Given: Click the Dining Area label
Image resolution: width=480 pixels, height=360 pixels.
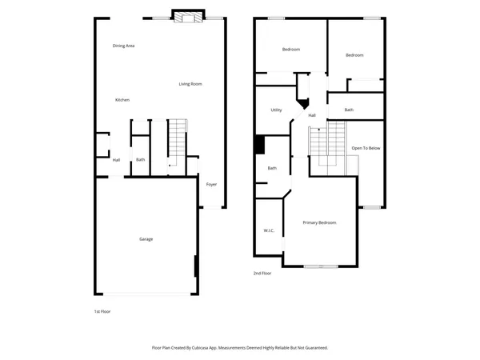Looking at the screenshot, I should click(123, 46).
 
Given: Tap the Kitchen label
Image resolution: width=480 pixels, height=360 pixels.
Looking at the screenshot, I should click(122, 99).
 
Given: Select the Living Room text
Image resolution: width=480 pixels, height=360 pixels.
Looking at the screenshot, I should click(190, 83).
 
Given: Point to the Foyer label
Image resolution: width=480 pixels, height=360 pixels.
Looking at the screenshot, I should click(211, 184).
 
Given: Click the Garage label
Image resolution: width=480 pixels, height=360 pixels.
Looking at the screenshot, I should click(146, 238).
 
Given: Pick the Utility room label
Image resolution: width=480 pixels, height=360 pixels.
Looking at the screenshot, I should click(276, 110).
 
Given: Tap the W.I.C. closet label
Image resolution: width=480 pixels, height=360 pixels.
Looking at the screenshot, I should click(269, 230).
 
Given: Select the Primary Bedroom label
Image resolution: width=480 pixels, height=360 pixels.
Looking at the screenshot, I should click(319, 222).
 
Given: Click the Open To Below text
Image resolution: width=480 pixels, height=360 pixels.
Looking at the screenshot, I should click(366, 148).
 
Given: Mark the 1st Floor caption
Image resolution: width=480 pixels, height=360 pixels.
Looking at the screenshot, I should click(102, 310).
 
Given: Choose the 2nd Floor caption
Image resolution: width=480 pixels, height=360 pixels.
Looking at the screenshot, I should click(262, 273).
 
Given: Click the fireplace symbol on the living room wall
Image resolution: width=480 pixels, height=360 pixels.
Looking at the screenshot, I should click(189, 17).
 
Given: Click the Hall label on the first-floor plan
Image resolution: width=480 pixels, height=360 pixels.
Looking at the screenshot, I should click(116, 159).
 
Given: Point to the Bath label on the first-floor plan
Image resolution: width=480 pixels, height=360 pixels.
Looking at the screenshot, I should click(140, 159).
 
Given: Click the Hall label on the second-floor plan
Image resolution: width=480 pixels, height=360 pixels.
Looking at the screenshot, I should click(312, 115).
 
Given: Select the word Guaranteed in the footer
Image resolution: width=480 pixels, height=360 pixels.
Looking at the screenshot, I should click(312, 348).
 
